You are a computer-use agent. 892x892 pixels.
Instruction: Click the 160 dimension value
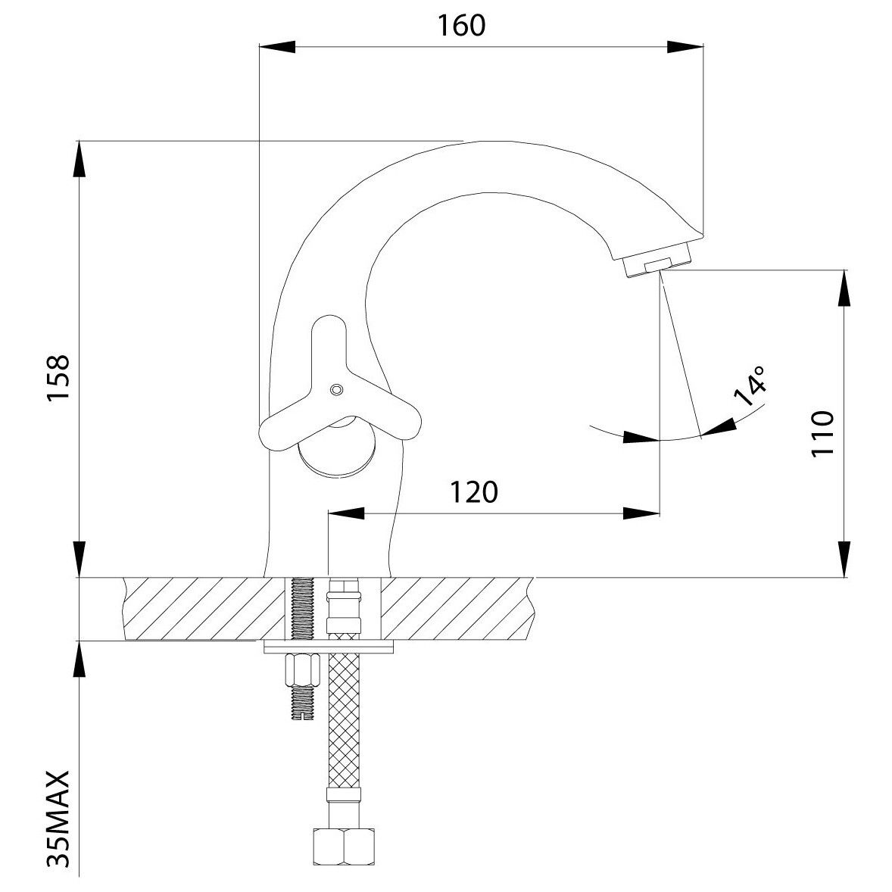pos(461,26)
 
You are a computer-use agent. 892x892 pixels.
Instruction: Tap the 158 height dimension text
pos(58,378)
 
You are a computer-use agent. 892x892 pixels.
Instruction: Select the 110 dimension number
pos(822,432)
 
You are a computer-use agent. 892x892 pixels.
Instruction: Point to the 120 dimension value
pos(474,492)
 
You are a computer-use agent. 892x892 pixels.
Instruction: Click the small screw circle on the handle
pos(336,390)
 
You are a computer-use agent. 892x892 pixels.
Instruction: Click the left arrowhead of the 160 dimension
pos(277,47)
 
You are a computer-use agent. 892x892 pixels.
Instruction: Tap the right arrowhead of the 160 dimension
pos(685,47)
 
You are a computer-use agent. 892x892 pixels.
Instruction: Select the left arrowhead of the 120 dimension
pos(347,513)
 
